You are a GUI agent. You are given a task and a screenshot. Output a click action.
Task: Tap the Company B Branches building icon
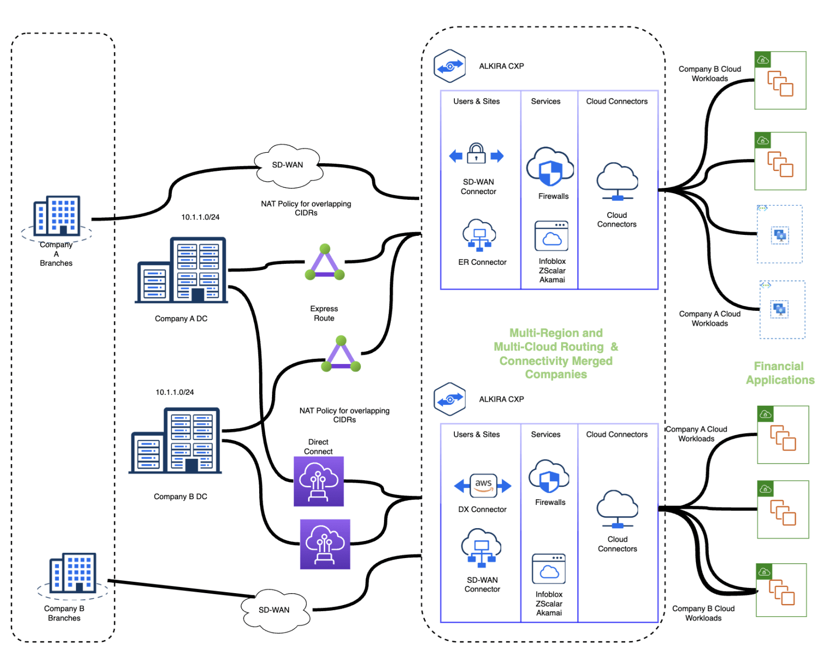[x=72, y=573]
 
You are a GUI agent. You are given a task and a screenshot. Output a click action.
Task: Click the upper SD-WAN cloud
[x=288, y=165]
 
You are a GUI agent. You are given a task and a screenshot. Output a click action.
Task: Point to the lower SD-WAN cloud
[x=274, y=610]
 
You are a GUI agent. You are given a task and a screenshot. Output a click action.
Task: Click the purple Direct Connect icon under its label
[x=319, y=481]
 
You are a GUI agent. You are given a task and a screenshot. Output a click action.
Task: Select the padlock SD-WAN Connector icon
[x=476, y=155]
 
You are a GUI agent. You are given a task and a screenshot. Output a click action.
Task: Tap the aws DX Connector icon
[x=483, y=485]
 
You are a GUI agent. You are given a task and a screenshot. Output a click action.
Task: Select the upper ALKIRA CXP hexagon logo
[x=450, y=66]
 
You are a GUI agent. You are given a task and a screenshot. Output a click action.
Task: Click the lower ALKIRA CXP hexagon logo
[x=450, y=399]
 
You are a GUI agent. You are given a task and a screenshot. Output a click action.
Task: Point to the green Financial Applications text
[x=780, y=373]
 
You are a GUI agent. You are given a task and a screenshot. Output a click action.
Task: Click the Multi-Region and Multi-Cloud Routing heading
[x=555, y=354]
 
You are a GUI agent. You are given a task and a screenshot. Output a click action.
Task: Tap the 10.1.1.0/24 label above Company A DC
[x=200, y=217]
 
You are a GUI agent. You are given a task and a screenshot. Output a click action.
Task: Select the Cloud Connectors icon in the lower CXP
[x=617, y=509]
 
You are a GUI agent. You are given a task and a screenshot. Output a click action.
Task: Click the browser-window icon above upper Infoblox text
[x=551, y=236]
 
